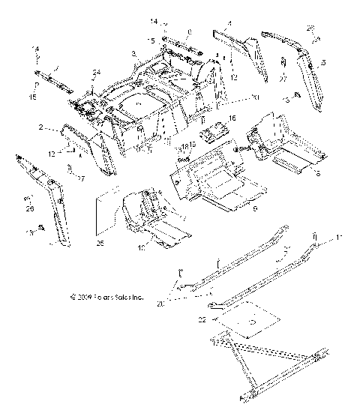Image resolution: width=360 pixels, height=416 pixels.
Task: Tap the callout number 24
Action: (x=96, y=73)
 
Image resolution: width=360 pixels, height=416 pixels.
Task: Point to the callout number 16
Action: (x=232, y=117)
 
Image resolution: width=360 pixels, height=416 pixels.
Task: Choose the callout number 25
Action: (x=100, y=243)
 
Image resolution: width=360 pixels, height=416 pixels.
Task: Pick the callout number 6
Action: (x=298, y=174)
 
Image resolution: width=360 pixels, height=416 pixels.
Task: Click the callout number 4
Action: (x=229, y=26)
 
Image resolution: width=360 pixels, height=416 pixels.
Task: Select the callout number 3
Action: (x=132, y=53)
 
